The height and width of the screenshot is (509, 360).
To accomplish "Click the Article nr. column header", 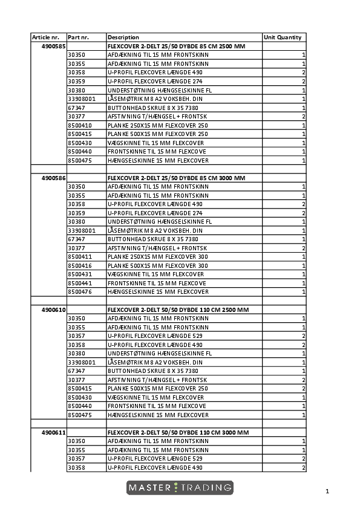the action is coord(45,37).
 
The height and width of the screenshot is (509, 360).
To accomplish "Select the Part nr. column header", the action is coord(79,37).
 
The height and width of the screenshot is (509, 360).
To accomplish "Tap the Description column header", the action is coord(123,37).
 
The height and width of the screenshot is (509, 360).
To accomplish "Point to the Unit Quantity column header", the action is coord(283,37).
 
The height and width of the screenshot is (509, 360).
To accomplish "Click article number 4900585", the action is coord(53,46).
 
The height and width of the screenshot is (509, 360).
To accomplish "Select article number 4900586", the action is coord(53,178).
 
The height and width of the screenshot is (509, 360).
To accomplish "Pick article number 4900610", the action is coord(53,310).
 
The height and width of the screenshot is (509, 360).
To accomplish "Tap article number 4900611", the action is coord(53,433).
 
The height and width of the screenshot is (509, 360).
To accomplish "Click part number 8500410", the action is coord(80,125).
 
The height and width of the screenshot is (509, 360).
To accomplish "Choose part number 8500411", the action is coord(80,257).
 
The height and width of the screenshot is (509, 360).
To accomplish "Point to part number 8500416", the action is coord(80,266).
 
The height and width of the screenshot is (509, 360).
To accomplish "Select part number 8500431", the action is coord(80,274).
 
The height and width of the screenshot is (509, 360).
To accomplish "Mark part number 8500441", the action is coord(80,284).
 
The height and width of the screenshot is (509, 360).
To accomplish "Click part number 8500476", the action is coord(80,292).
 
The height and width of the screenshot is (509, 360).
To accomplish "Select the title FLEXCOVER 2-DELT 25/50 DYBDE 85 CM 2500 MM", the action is coord(176,46).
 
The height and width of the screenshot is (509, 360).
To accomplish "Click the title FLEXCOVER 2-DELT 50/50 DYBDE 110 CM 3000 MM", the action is coord(178,433).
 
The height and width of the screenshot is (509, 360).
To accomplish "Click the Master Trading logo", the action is coord(180,487).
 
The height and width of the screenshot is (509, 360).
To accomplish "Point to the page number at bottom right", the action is coord(327,491).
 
